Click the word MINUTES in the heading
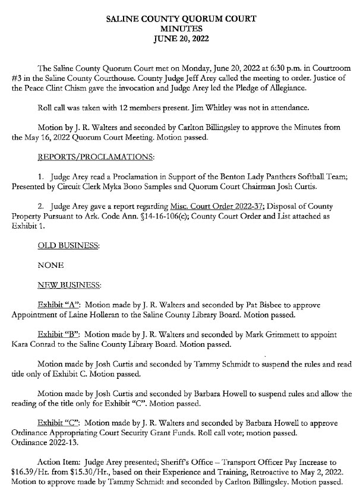pos(181,29)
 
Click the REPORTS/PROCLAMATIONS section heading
pos(95,157)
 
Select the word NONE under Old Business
pos(50,265)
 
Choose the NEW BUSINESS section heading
pos(69,285)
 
